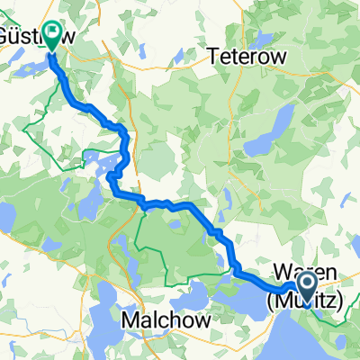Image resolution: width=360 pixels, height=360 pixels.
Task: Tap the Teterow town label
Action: click(247, 55)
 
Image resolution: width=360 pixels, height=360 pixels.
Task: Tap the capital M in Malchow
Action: click(130, 320)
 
